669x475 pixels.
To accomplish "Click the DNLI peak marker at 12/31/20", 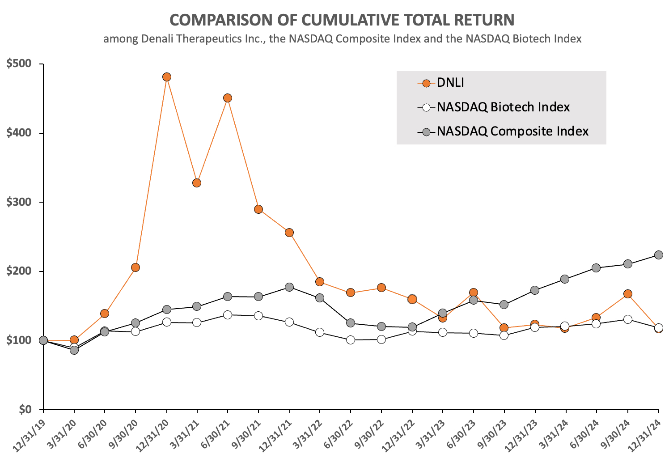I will (x=167, y=77).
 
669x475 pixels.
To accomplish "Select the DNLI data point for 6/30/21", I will (x=228, y=98).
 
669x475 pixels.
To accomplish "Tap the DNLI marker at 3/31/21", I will (x=197, y=183).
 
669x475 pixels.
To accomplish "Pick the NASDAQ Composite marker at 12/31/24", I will (x=659, y=255).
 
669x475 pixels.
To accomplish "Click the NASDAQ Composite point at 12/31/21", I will (x=289, y=287).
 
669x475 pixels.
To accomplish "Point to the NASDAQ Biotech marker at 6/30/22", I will (x=351, y=340).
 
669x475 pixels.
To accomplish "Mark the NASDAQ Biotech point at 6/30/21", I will (x=228, y=315).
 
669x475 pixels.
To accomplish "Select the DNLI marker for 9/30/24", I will (x=628, y=294).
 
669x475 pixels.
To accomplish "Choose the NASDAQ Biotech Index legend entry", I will (x=503, y=107).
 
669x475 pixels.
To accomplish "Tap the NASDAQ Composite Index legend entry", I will (x=512, y=131).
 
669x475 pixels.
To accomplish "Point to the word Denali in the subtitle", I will (x=158, y=39).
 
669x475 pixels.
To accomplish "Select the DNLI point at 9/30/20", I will (x=135, y=267).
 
